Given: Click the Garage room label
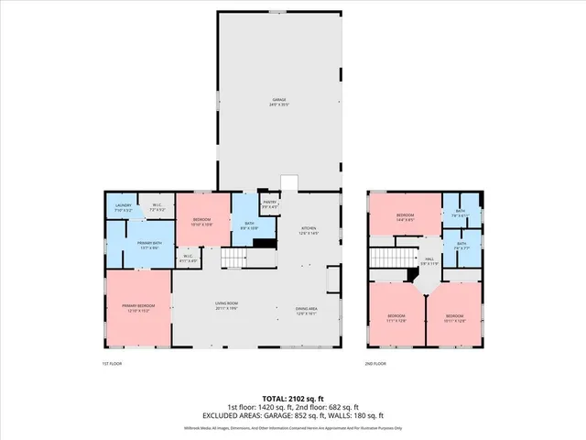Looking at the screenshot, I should pyautogui.click(x=278, y=102).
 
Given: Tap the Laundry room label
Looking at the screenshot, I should pyautogui.click(x=122, y=208).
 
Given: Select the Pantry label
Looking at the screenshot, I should pyautogui.click(x=270, y=203).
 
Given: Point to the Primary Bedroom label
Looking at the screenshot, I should pyautogui.click(x=138, y=308).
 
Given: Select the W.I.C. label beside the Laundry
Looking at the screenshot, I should pyautogui.click(x=157, y=207).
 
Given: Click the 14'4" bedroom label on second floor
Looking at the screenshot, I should pyautogui.click(x=405, y=217).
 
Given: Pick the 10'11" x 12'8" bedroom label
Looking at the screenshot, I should pyautogui.click(x=455, y=317).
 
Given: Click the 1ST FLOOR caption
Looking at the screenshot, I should pyautogui.click(x=112, y=364).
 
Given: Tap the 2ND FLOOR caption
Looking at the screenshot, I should pyautogui.click(x=375, y=364).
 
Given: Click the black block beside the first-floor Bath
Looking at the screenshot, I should pyautogui.click(x=264, y=242).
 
